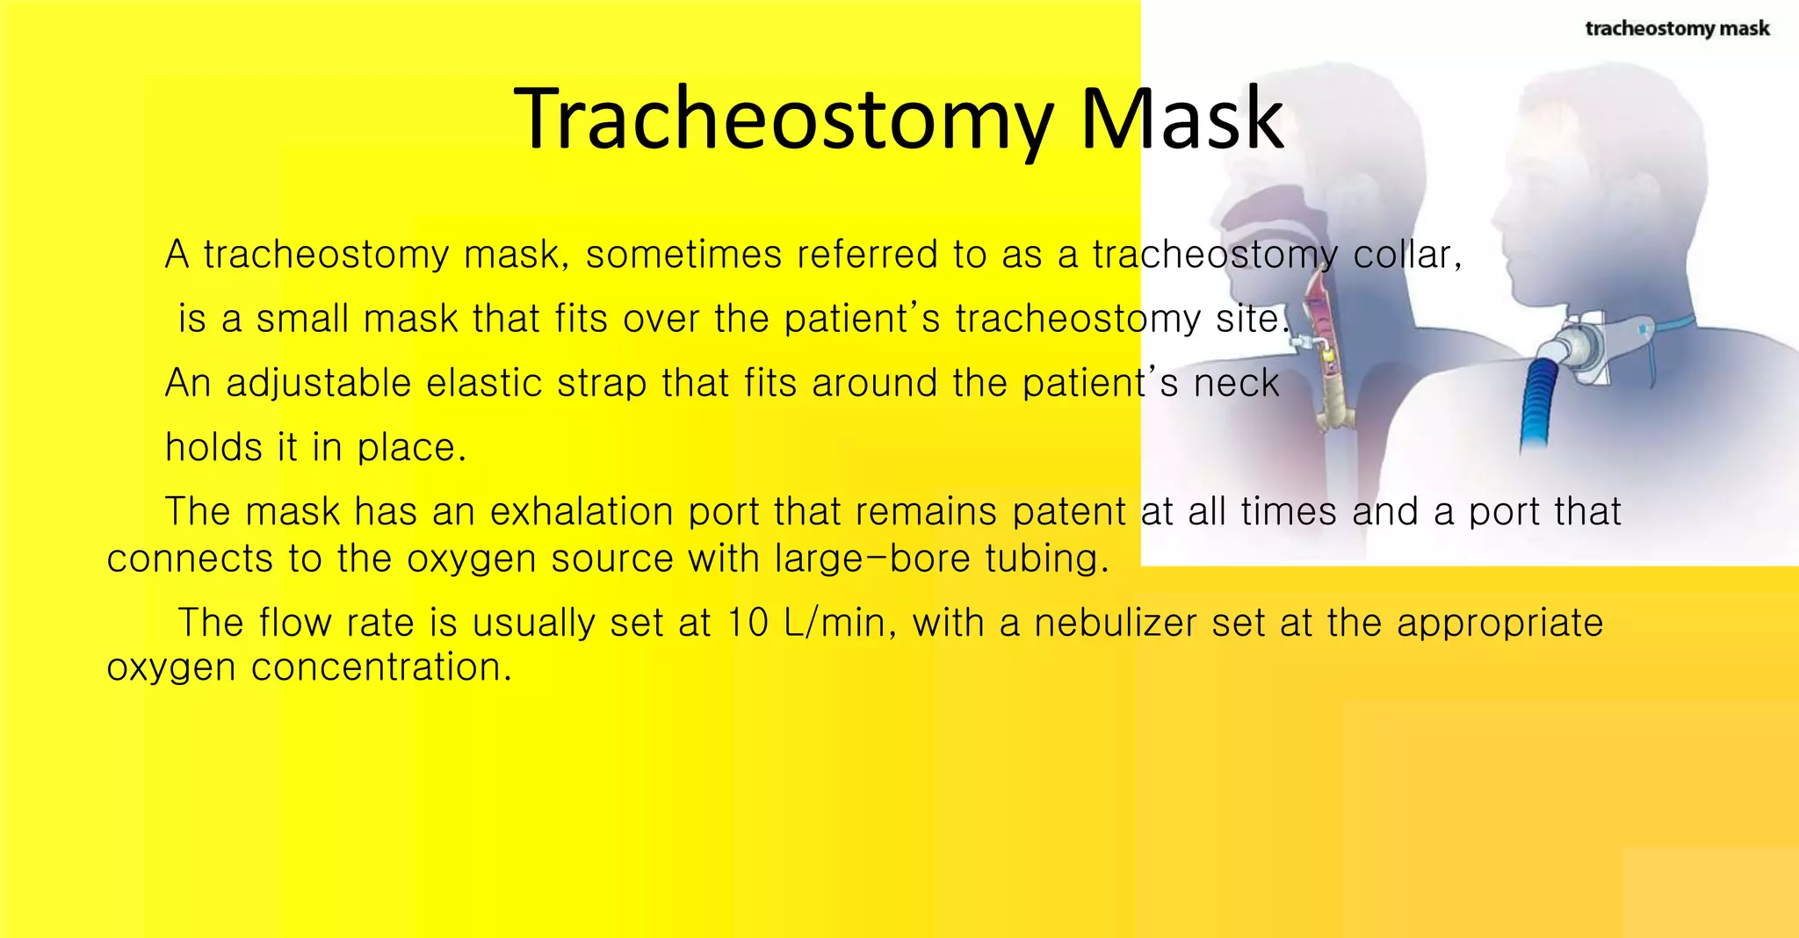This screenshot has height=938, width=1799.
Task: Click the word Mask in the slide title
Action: (x=1181, y=119)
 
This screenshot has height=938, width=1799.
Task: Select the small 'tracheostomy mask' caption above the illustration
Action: (x=1677, y=29)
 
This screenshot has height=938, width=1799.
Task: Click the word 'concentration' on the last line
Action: (x=380, y=667)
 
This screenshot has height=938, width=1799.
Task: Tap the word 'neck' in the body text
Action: (x=1236, y=384)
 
